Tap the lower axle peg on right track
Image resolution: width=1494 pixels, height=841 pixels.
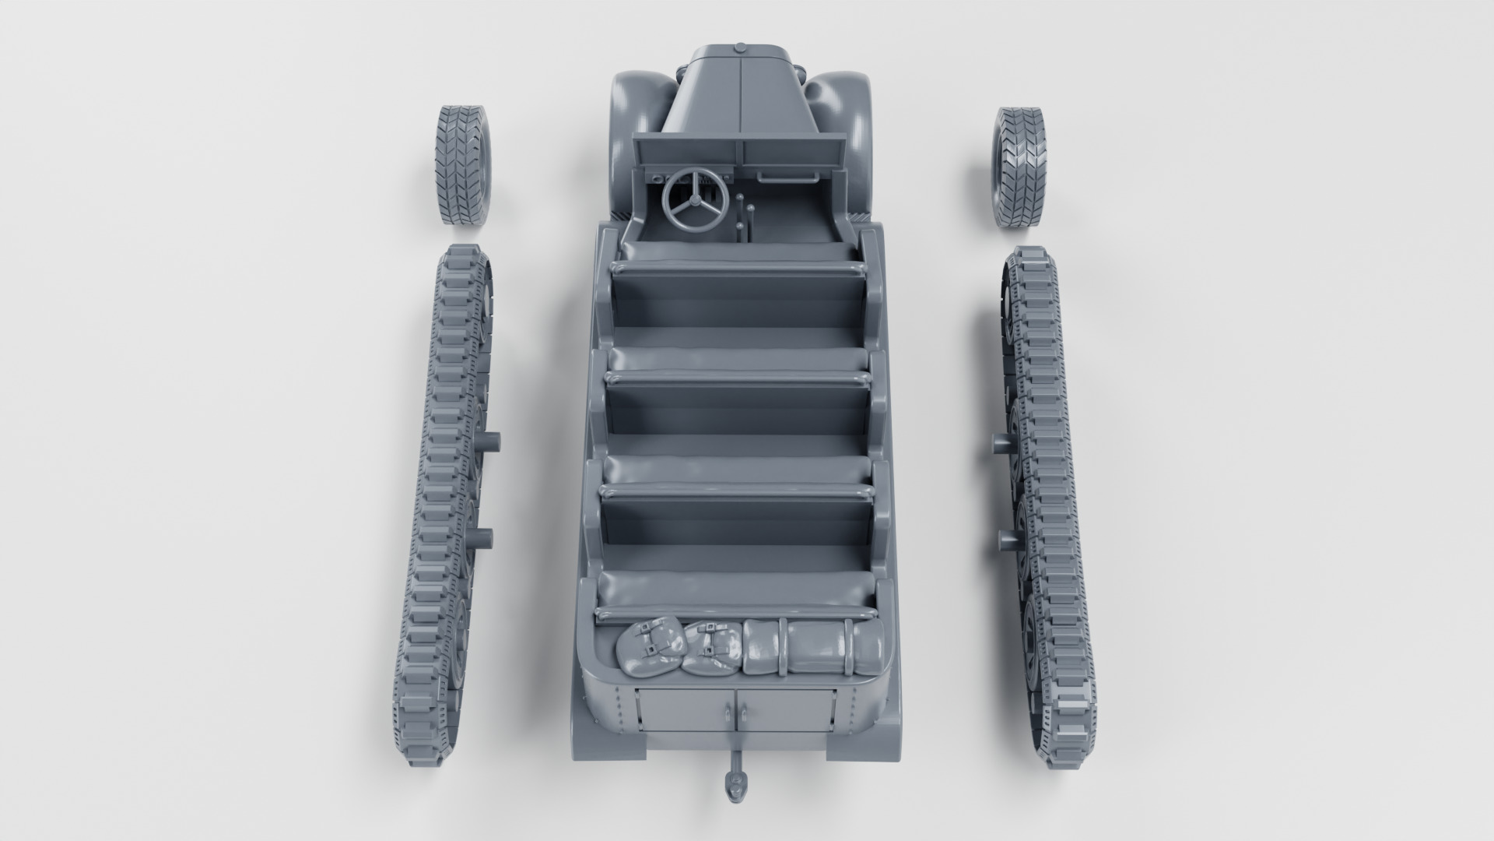click(x=1008, y=539)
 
